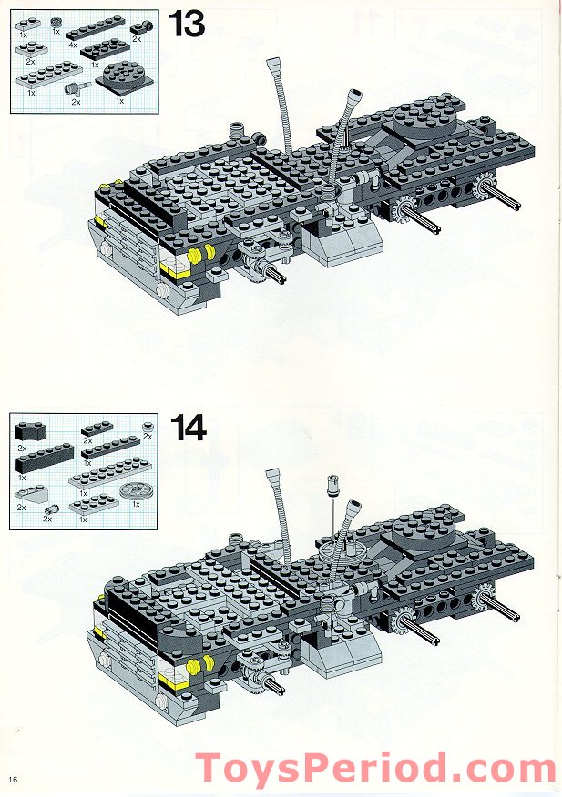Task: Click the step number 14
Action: click(187, 429)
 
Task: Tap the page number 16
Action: click(13, 779)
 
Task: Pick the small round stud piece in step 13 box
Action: click(56, 21)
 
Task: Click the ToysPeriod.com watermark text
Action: click(375, 770)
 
